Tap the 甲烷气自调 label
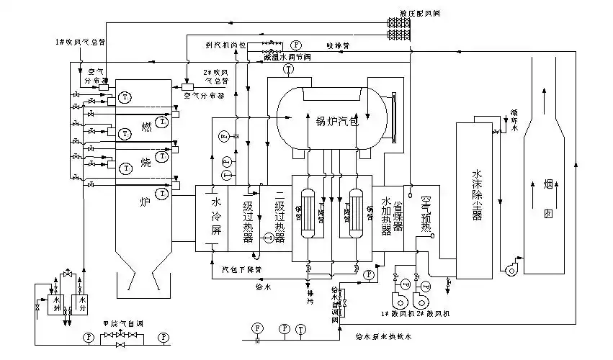[x=123, y=322]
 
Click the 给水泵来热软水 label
[x=385, y=336]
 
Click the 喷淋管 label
[x=337, y=44]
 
